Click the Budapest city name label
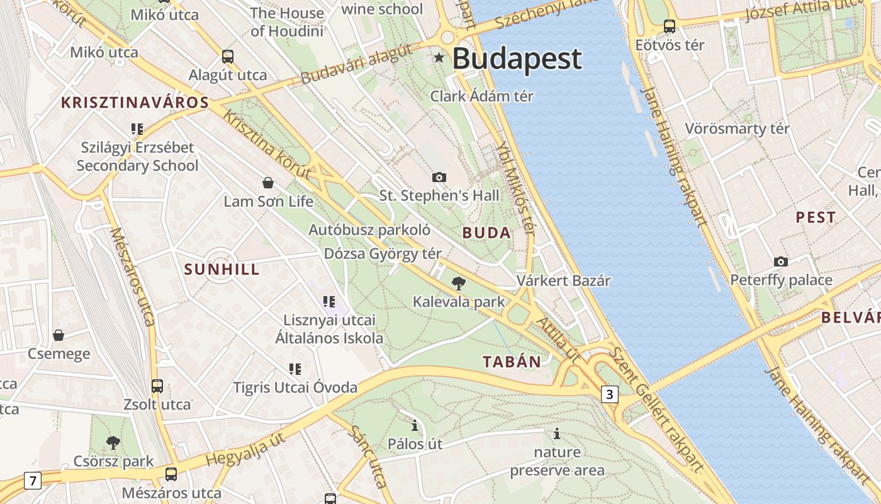tap(517, 59)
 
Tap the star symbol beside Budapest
tap(439, 58)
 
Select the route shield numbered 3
tap(609, 394)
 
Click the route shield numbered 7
tap(33, 481)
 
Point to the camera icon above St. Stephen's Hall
tap(439, 177)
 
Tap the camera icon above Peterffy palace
tap(781, 261)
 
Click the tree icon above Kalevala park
tap(459, 283)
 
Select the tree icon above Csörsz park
tap(113, 442)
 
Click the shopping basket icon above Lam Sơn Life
tap(268, 183)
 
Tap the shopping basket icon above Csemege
tap(59, 335)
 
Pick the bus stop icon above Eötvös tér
tap(670, 26)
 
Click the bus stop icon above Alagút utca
tap(228, 57)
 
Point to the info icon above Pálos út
tap(414, 425)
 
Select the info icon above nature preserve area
tap(556, 433)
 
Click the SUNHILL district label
tap(222, 269)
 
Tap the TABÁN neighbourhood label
tap(512, 362)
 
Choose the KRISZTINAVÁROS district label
tap(135, 103)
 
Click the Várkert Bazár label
tap(563, 280)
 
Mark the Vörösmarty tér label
tap(737, 129)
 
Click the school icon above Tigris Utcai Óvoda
tap(295, 369)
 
